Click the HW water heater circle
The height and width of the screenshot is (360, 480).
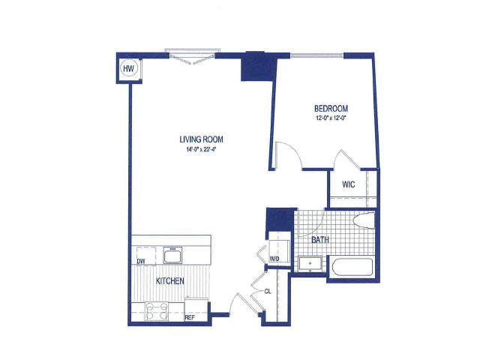[x=128, y=68]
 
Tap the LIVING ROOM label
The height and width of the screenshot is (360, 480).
[x=201, y=139]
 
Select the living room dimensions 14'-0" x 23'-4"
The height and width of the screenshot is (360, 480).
[x=201, y=150]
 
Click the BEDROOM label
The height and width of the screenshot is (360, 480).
[x=331, y=108]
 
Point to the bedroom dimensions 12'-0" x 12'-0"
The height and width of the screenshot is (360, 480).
[x=331, y=118]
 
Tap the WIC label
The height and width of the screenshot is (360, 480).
[x=348, y=184]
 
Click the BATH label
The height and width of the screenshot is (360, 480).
[x=320, y=240]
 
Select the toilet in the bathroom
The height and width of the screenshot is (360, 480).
[x=364, y=220]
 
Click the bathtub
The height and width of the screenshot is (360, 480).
[x=352, y=267]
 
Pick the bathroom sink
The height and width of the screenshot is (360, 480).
[x=310, y=263]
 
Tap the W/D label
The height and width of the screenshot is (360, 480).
[x=274, y=259]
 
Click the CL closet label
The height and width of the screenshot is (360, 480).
[x=268, y=292]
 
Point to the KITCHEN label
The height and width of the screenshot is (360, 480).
[x=170, y=281]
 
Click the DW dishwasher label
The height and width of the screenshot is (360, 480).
[x=141, y=262]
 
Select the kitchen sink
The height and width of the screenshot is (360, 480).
[x=172, y=255]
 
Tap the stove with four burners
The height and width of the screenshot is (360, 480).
[x=157, y=311]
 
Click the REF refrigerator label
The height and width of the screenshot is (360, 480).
[x=190, y=318]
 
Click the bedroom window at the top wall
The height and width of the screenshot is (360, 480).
[x=316, y=55]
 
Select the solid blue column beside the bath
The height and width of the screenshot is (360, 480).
[x=278, y=219]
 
